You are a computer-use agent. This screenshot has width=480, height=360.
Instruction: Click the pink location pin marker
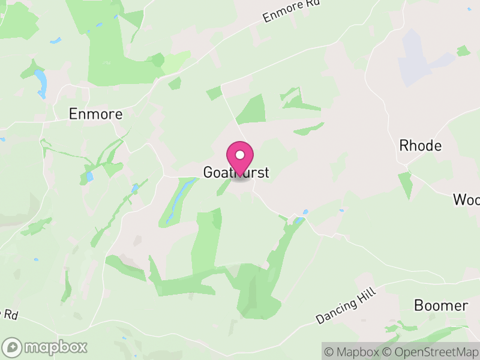(240, 159)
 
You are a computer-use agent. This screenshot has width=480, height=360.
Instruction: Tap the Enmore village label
(95, 114)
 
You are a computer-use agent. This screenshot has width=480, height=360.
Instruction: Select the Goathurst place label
(236, 173)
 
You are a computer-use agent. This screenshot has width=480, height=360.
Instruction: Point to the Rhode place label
(420, 146)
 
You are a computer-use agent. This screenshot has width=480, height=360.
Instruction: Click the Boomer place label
(440, 305)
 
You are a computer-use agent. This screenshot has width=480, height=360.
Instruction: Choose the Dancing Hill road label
(346, 306)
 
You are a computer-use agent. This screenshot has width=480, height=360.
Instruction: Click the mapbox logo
(46, 347)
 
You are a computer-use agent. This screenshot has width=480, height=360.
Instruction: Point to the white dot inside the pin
(240, 155)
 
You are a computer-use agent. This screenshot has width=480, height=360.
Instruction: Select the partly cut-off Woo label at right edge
(467, 199)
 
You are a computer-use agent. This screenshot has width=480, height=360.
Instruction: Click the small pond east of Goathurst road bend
(305, 212)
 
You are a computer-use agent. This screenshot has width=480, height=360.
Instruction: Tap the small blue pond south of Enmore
(89, 176)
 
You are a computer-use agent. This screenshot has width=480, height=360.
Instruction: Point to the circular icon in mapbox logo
(12, 347)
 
